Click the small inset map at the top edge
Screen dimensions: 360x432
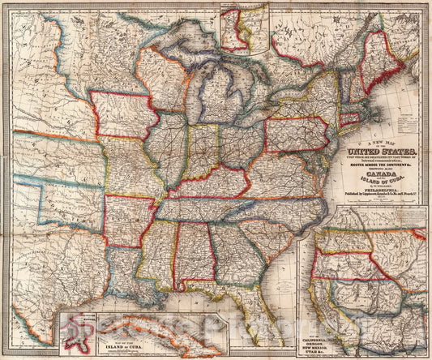click(244, 28)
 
